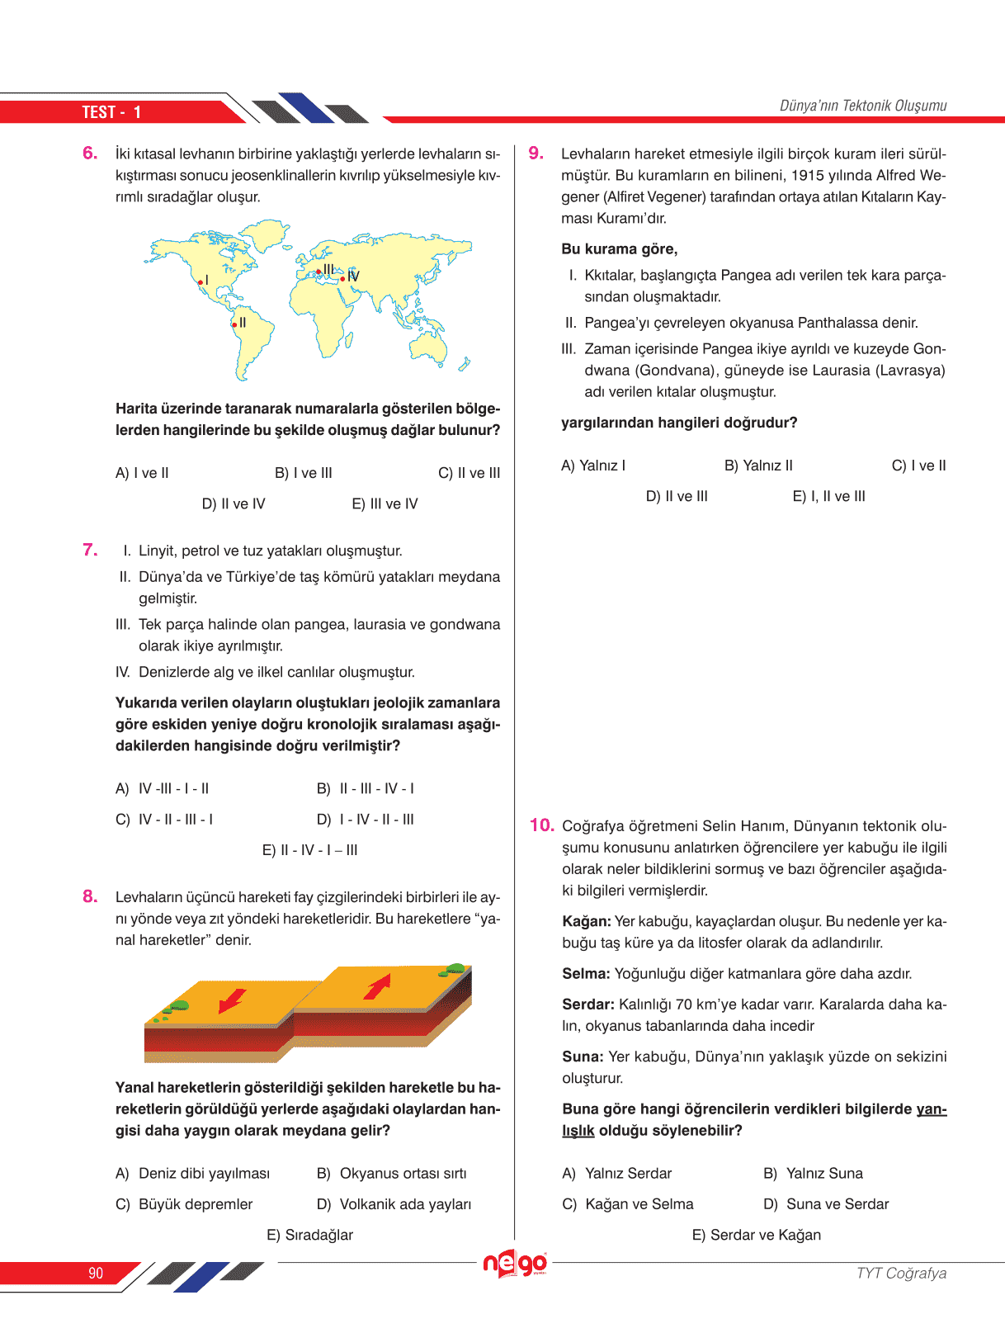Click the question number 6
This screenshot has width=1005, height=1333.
90,153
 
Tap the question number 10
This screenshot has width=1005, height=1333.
541,825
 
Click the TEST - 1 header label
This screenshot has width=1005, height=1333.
111,112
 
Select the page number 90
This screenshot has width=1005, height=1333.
96,1273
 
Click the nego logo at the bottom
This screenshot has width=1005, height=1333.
515,1264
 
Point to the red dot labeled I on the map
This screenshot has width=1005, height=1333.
200,282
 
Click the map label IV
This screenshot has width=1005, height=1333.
353,277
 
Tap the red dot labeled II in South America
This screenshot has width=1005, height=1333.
234,325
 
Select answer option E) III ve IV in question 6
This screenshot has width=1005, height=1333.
385,503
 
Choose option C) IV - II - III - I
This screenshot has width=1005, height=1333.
164,820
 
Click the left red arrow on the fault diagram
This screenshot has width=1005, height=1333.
232,1000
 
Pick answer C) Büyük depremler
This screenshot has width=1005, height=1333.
184,1204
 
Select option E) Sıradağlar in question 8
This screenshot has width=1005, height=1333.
309,1235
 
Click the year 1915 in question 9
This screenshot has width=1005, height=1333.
808,175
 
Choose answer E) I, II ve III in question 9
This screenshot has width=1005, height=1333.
828,496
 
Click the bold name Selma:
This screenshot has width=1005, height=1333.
586,974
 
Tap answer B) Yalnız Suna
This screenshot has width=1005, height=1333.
813,1174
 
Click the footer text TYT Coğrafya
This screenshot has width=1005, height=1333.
901,1273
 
